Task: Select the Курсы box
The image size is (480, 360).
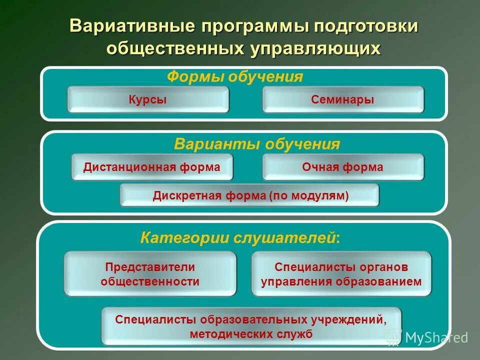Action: point(148,99)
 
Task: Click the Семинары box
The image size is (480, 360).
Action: point(343,99)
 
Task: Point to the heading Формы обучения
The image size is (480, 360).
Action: point(235,76)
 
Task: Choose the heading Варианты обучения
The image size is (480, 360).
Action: point(257,144)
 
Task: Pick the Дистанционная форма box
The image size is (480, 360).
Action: point(152,167)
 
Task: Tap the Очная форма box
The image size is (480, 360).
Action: point(343,167)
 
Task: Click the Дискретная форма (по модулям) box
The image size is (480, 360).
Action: point(250,195)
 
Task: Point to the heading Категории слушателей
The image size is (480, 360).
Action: point(239,237)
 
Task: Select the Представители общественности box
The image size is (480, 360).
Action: point(150,274)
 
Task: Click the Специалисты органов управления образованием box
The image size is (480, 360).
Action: point(341,274)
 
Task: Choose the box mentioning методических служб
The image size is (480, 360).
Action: point(251,326)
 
